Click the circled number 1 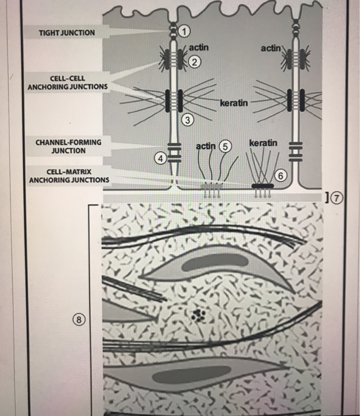185,30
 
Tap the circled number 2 195,61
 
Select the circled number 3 188,121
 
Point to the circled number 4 160,157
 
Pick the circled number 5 223,146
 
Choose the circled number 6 282,175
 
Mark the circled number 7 339,197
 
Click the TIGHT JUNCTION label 67,31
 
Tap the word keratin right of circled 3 233,104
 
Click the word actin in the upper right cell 272,47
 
